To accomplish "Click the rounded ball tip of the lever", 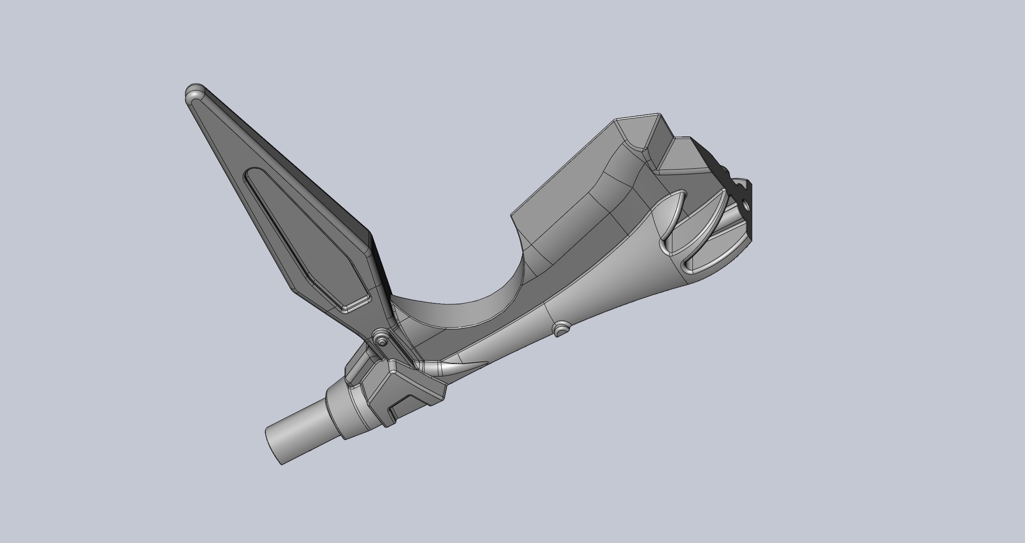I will click(x=195, y=93).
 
